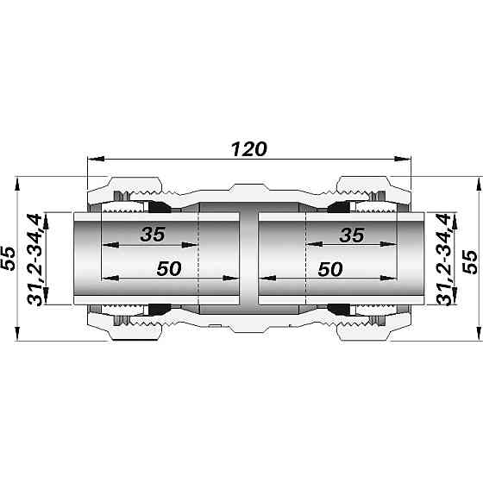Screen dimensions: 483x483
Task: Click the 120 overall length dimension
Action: [x=248, y=147]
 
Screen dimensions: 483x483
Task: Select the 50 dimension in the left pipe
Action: [x=169, y=268]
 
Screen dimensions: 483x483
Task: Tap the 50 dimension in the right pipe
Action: [x=330, y=268]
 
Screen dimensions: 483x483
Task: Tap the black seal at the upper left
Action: [x=160, y=208]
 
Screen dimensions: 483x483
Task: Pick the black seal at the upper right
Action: [x=337, y=208]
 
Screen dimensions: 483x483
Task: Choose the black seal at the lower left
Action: [x=160, y=309]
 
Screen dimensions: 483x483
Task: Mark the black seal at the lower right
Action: [x=337, y=309]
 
